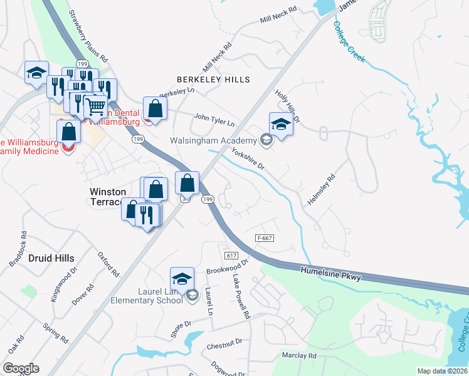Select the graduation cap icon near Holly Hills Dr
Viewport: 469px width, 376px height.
pos(281,124)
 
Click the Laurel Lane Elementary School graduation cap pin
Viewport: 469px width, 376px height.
pos(182,279)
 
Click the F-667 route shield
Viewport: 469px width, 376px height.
pos(265,238)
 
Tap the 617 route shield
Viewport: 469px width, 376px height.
pos(231,256)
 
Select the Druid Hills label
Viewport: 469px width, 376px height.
pos(51,258)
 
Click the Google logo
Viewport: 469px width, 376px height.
pos(21,368)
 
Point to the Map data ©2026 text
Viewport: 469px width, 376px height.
pos(442,371)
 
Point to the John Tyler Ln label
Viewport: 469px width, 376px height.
pos(214,119)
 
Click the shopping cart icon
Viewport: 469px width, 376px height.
pos(95,106)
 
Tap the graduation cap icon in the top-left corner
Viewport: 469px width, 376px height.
pos(36,72)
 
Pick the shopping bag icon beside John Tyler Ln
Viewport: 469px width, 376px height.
pos(155,108)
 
